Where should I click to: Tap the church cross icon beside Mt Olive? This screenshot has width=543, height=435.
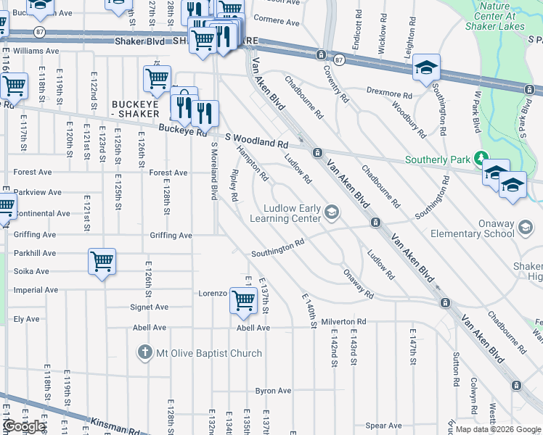145,353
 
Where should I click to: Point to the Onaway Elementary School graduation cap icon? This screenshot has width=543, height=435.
524,228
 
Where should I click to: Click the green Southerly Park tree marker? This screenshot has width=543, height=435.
479,158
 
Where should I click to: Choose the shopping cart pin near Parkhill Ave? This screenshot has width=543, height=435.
102,262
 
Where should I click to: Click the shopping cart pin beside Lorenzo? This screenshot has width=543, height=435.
242,300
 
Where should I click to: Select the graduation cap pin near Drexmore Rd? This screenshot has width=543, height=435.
425,68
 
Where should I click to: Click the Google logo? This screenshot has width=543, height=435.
24,426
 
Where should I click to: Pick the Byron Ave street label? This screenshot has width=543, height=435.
273,391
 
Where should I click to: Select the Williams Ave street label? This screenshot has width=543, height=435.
36,51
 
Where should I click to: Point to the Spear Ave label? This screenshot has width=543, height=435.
384,426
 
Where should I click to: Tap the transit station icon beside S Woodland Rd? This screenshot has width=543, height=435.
317,152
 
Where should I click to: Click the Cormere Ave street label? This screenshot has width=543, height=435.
277,22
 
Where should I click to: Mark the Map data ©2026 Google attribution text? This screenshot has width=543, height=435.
498,429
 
